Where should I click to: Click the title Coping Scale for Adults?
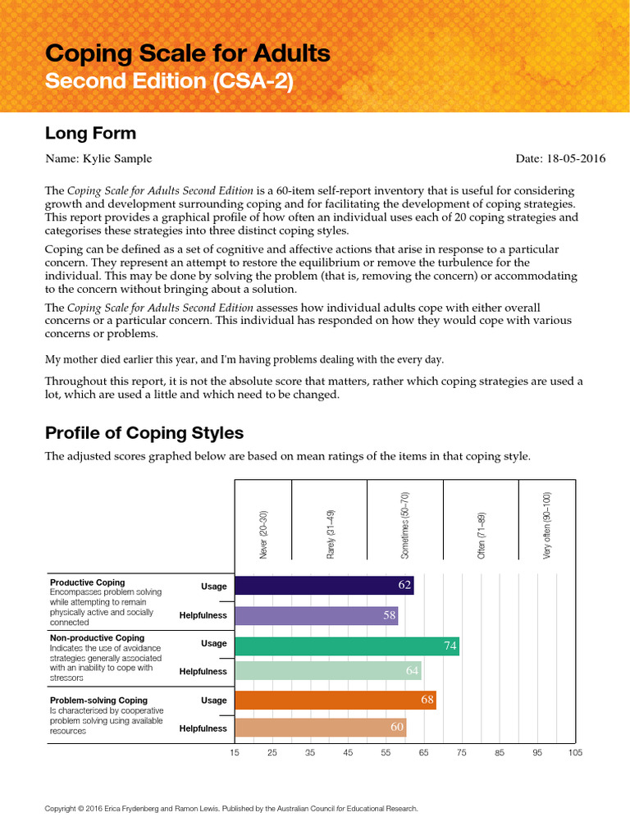point(187,54)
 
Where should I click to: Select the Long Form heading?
point(90,133)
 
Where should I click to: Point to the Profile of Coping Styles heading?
point(144,432)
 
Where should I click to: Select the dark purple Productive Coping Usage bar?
point(324,586)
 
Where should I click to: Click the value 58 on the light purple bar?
point(390,615)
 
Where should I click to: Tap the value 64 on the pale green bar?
point(412,672)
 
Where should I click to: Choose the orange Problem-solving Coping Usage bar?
point(335,700)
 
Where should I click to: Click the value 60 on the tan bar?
point(397,728)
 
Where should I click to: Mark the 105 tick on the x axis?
point(574,751)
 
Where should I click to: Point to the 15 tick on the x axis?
point(235,751)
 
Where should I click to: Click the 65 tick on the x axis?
point(423,751)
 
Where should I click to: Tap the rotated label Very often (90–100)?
point(547,525)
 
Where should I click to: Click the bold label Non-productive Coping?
point(97,637)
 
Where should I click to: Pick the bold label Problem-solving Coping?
point(98,700)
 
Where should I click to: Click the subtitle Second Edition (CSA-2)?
point(168,82)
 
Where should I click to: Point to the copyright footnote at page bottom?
point(231,809)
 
